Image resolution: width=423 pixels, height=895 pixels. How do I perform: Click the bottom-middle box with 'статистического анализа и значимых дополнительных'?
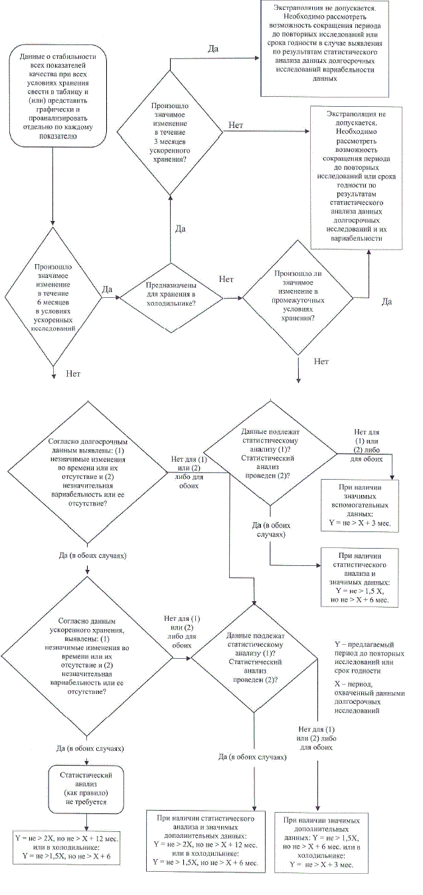coord(207,839)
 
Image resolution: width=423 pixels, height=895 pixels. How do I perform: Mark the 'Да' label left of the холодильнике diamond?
coord(108,289)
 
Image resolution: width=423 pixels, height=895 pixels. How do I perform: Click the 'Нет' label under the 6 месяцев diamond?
coord(73,374)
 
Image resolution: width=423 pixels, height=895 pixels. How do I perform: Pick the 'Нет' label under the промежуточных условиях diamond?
coord(321,362)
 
